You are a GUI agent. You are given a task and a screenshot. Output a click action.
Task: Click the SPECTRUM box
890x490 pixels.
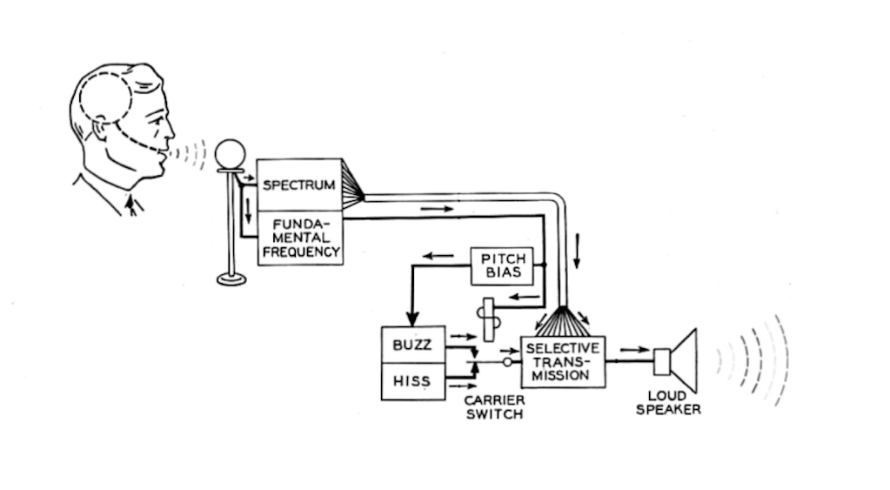tap(299, 185)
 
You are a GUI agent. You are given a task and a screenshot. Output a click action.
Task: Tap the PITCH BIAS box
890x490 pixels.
tap(502, 265)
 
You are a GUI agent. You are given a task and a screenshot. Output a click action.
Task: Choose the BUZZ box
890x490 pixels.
tap(412, 345)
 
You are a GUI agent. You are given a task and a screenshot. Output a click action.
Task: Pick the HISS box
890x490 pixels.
tap(412, 381)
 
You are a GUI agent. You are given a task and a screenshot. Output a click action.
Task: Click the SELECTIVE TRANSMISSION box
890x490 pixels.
tap(563, 361)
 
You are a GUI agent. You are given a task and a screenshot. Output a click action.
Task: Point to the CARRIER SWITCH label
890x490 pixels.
tap(494, 407)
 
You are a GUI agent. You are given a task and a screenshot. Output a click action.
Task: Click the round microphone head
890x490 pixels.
tap(231, 154)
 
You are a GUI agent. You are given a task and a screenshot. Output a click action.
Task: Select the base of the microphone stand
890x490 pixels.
tap(231, 279)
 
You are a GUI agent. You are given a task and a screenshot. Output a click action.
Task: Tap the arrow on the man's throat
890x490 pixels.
tap(130, 205)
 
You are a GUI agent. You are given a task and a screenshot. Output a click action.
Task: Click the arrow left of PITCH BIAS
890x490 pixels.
tap(439, 255)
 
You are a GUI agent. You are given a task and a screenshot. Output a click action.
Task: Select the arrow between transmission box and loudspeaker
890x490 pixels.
tap(634, 350)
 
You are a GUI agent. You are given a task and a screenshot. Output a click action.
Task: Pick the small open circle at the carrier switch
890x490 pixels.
tap(508, 360)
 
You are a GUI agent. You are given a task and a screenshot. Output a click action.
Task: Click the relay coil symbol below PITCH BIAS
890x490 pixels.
tap(489, 319)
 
